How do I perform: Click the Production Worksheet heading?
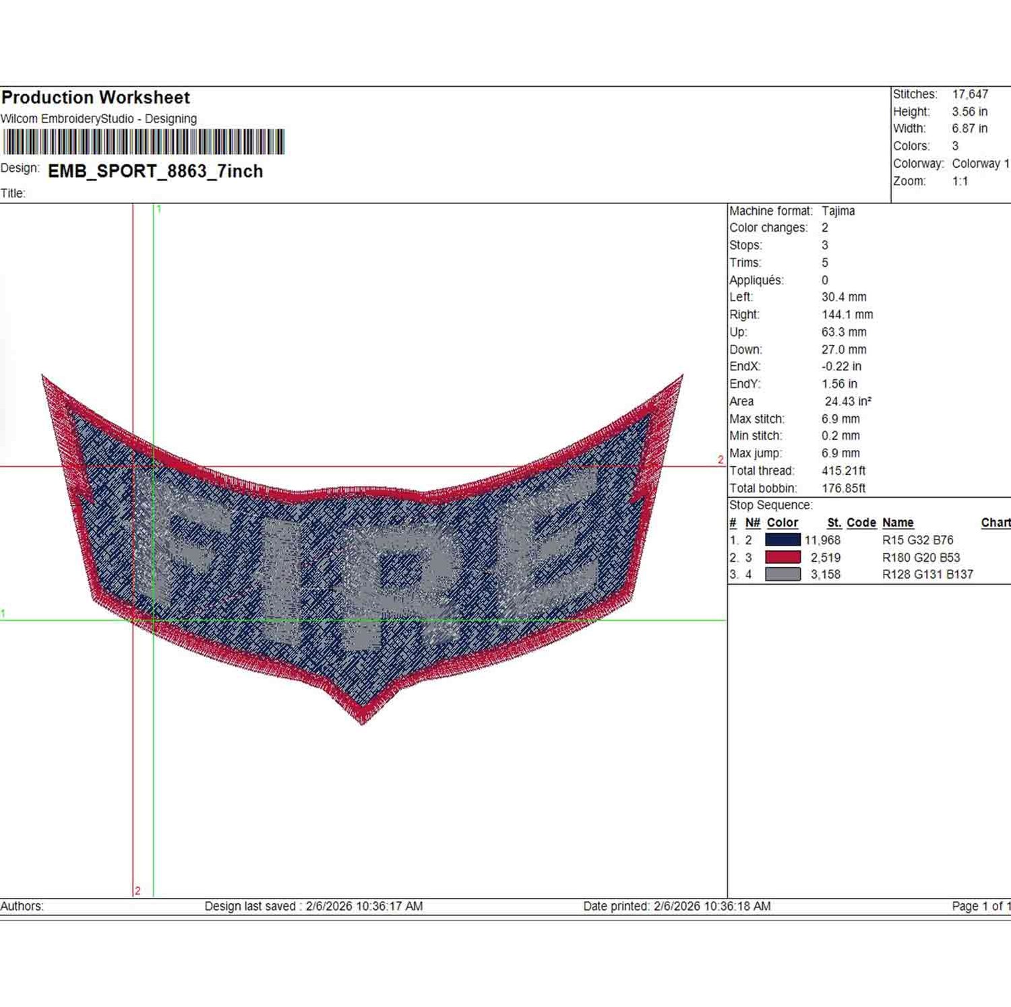96,98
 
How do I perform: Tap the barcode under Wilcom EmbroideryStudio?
144,142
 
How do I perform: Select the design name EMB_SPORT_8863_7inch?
156,171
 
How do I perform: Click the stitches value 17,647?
970,94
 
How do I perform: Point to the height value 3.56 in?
970,112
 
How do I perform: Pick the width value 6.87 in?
970,129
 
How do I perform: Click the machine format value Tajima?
838,211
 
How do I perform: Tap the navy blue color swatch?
783,540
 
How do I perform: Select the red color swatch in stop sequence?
783,557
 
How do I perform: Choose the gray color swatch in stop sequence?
783,575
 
